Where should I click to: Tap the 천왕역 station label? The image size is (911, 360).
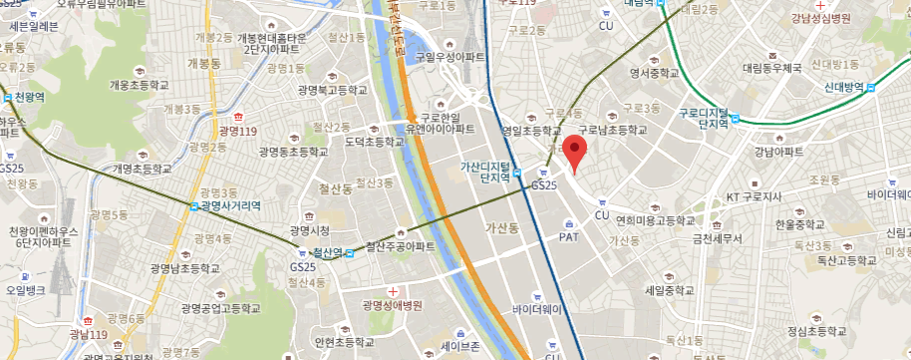coord(29,98)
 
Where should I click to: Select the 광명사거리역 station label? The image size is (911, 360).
coord(230,205)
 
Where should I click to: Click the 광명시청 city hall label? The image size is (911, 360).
coord(309,229)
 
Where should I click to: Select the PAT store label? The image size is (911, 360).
coord(569,237)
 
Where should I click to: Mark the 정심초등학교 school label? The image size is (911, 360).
coord(815,330)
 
